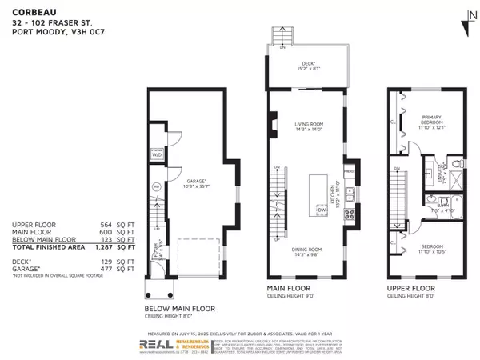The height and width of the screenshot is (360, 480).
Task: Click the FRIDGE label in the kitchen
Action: coord(349,170)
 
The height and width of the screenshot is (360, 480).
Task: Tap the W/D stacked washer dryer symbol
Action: coord(156,154)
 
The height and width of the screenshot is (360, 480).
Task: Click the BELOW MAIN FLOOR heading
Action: coord(178,308)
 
